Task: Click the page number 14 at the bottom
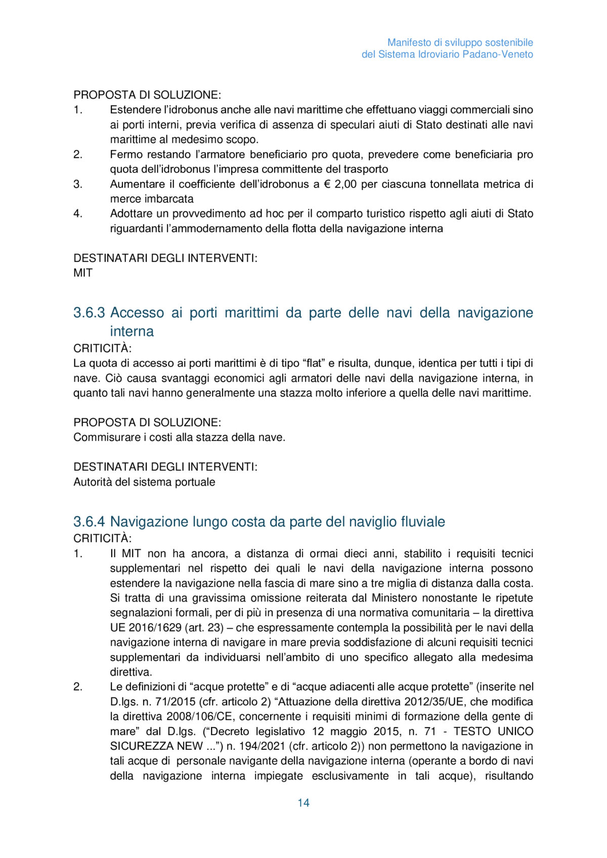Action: pos(303,802)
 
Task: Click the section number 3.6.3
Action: pos(89,312)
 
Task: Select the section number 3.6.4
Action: pos(89,521)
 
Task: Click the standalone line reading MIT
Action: pos(83,273)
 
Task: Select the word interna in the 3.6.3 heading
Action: pos(132,331)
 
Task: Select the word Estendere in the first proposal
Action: pos(133,110)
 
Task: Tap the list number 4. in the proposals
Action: pos(78,213)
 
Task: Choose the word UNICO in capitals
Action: pos(515,731)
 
